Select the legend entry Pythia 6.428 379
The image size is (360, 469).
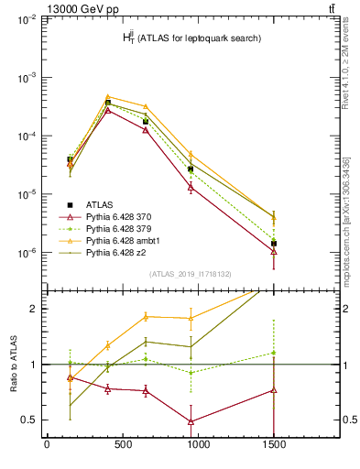point(115,228)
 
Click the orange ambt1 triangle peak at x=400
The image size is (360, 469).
point(108,96)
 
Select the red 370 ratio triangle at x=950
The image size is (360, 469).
point(191,421)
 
